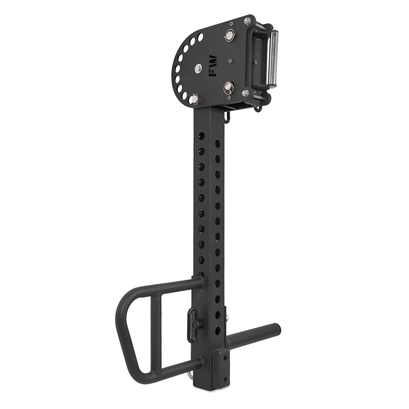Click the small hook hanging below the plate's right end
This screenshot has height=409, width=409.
tap(259, 108)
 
